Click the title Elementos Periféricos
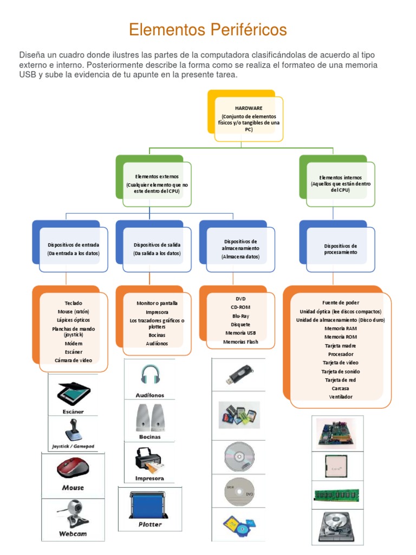tap(207, 30)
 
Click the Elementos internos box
tap(341, 184)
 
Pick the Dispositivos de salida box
tap(157, 249)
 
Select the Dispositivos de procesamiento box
tap(341, 249)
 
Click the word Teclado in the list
tap(73, 303)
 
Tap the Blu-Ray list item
tap(240, 316)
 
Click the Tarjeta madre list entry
tap(341, 345)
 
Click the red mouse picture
tap(73, 467)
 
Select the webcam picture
tap(73, 512)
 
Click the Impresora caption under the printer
tap(149, 479)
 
